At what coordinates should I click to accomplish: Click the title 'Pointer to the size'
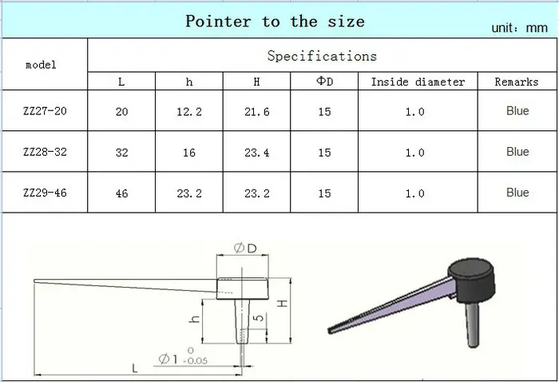click(x=275, y=22)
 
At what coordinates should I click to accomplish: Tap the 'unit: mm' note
click(x=519, y=28)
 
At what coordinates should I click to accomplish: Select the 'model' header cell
click(x=41, y=65)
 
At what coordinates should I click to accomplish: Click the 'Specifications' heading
click(x=322, y=56)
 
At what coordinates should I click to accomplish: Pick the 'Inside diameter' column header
click(x=418, y=82)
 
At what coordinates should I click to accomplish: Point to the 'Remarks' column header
click(x=516, y=82)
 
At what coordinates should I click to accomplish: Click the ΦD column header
click(x=324, y=82)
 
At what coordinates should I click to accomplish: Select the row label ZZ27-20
click(x=45, y=111)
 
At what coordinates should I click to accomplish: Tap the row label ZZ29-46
click(x=45, y=193)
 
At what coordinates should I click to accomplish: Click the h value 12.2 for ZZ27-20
click(x=189, y=112)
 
